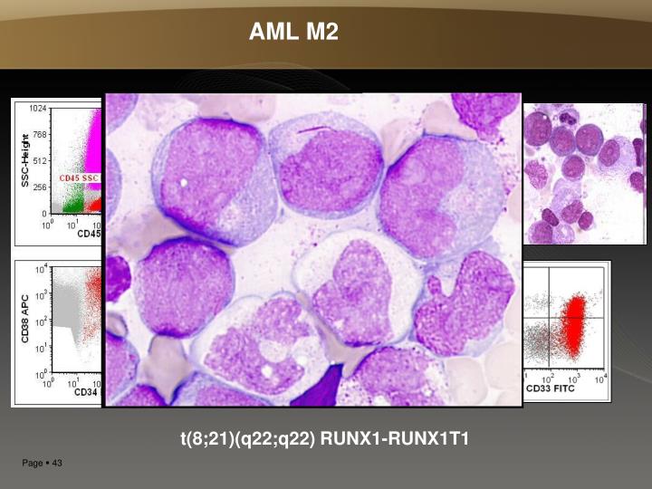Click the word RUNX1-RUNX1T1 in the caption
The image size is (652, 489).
(x=395, y=440)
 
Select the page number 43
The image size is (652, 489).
(x=55, y=465)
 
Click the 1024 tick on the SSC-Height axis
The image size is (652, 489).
(x=37, y=109)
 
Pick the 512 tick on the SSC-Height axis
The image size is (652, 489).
(x=40, y=161)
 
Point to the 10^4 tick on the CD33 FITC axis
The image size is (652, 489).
(x=599, y=378)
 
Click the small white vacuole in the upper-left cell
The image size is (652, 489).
(x=184, y=181)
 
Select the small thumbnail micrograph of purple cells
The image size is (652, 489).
(x=583, y=173)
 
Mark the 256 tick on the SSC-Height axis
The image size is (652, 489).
(x=40, y=187)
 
